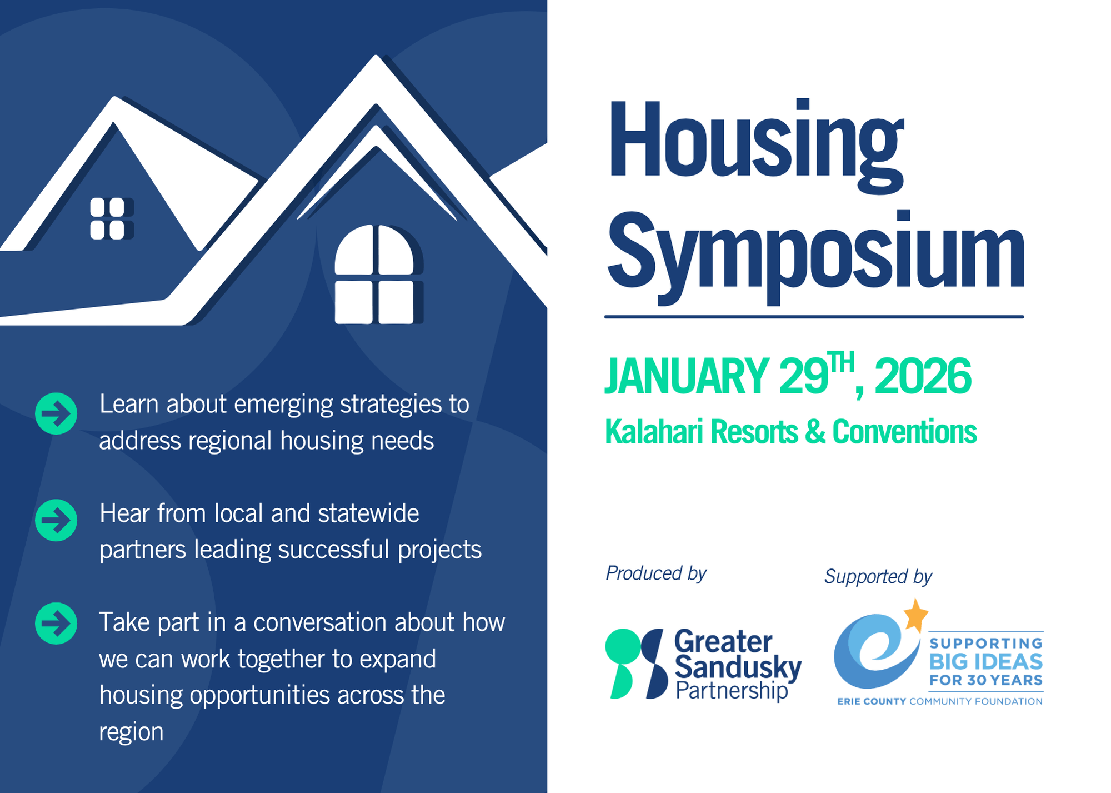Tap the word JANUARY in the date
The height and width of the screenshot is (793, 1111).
click(687, 376)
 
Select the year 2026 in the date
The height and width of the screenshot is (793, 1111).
click(923, 376)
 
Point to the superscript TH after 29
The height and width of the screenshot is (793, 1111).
click(840, 362)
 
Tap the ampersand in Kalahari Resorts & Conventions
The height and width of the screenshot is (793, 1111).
click(815, 432)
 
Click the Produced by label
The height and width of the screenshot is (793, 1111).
click(656, 573)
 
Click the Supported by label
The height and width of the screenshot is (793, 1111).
click(878, 577)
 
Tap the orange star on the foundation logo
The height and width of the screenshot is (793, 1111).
click(916, 614)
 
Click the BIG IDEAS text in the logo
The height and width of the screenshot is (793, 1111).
click(986, 662)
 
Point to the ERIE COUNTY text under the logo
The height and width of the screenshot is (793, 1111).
click(872, 701)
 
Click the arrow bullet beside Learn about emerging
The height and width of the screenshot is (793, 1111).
click(56, 413)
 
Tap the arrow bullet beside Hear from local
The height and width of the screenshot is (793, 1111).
click(56, 520)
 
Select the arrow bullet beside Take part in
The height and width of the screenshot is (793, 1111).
click(56, 624)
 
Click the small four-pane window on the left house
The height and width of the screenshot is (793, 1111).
click(108, 219)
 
